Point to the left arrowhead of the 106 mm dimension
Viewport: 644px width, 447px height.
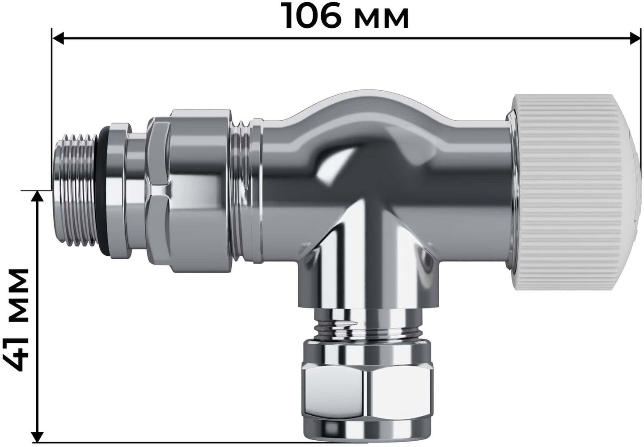click(58, 38)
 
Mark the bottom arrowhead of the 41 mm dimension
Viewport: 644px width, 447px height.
click(37, 437)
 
